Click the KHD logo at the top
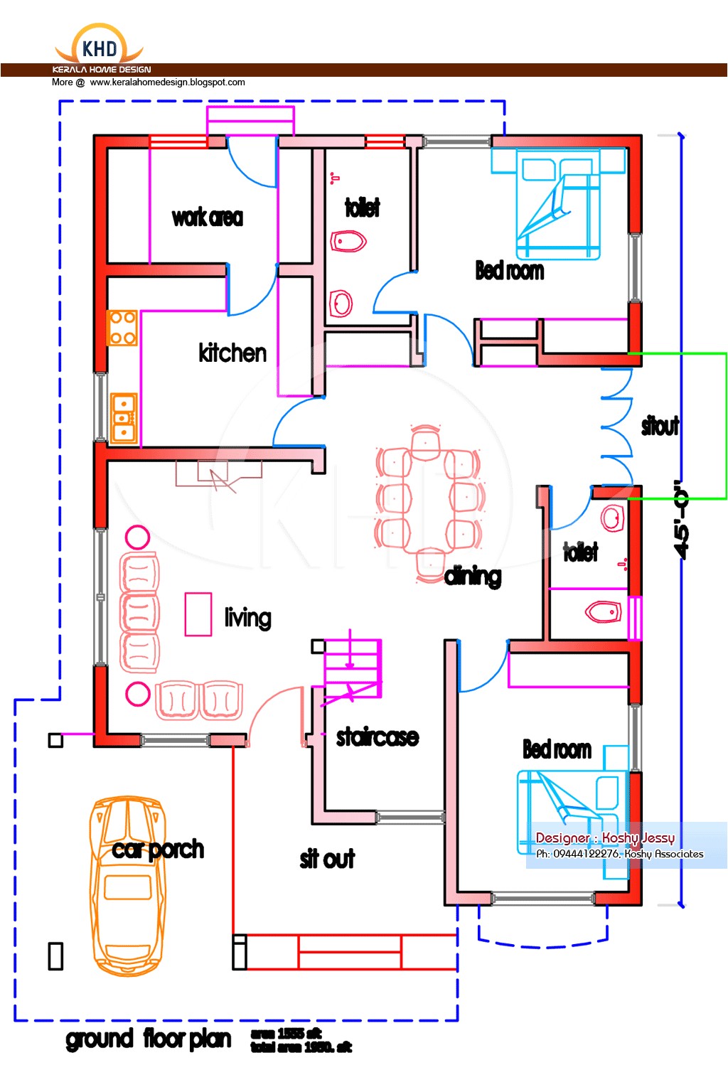pos(100,47)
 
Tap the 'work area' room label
pos(207,218)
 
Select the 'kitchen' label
pos(232,353)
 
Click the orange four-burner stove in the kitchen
pos(122,328)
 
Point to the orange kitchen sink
pos(124,418)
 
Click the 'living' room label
pos(247,618)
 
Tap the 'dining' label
pos(473,577)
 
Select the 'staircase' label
pos(377,737)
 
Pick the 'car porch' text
pos(158,850)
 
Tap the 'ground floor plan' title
pos(149,1039)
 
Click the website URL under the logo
pos(167,82)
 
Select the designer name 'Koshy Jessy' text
pos(638,837)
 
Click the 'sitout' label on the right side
pos(660,426)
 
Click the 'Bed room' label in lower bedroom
pos(557,749)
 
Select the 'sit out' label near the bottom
pos(327,860)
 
